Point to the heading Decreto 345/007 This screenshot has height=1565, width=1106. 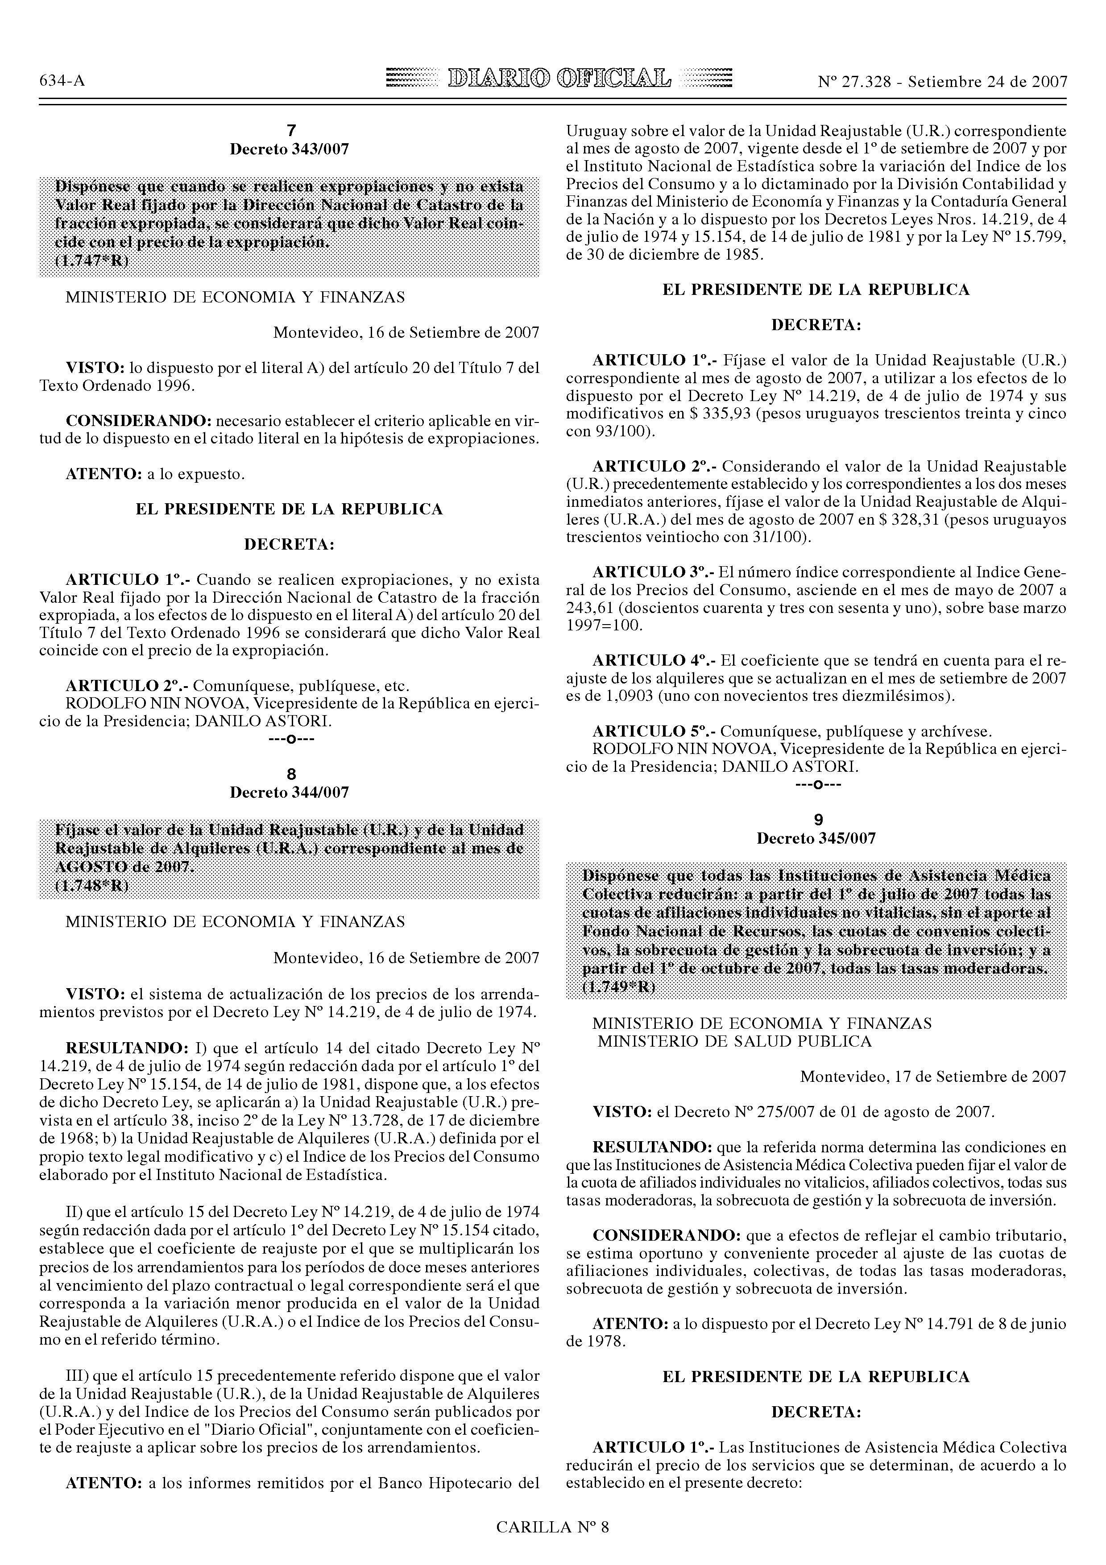pos(816,838)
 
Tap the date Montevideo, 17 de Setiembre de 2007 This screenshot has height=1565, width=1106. pos(933,1077)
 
